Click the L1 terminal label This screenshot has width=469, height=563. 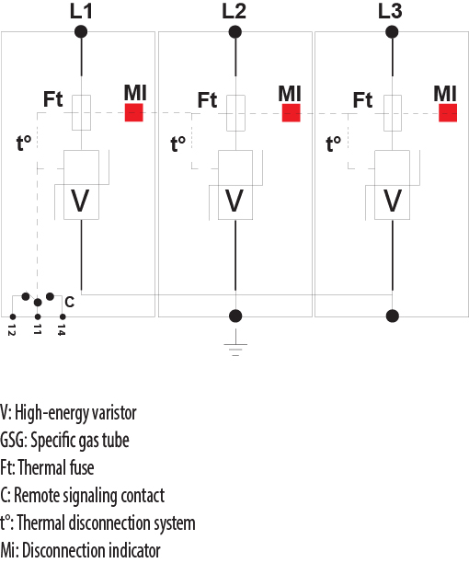click(x=81, y=11)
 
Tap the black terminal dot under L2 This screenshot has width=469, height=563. click(x=235, y=31)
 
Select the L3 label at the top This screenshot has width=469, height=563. click(x=392, y=11)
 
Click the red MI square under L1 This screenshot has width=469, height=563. click(x=135, y=113)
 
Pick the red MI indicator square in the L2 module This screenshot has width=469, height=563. click(x=292, y=113)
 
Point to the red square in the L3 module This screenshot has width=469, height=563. click(x=448, y=113)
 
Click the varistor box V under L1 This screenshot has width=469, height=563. click(x=81, y=201)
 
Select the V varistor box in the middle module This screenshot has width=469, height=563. click(x=235, y=201)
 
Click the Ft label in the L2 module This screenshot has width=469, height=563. click(x=208, y=99)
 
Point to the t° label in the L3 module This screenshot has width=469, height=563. click(x=334, y=144)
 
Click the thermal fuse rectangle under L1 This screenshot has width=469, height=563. click(x=81, y=111)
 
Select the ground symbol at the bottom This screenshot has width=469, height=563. click(x=235, y=348)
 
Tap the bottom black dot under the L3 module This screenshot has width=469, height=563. click(x=393, y=316)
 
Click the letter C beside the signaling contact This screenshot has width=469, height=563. click(x=69, y=302)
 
